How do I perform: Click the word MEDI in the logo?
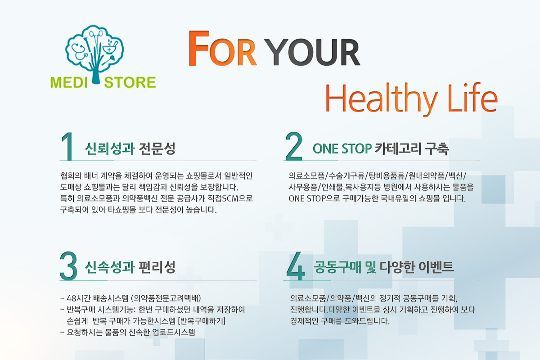(69, 82)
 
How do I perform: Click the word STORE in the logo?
(130, 82)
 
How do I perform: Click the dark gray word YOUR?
(312, 52)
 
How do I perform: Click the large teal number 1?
(67, 146)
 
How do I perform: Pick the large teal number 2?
(293, 146)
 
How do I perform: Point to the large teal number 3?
(68, 266)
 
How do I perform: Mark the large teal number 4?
(296, 266)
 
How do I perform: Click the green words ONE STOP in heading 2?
(342, 148)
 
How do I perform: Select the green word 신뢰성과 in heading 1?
(110, 148)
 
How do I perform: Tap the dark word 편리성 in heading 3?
(157, 267)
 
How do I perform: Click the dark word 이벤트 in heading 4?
(436, 267)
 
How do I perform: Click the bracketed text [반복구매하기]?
(202, 321)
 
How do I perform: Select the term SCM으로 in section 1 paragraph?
(237, 198)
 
